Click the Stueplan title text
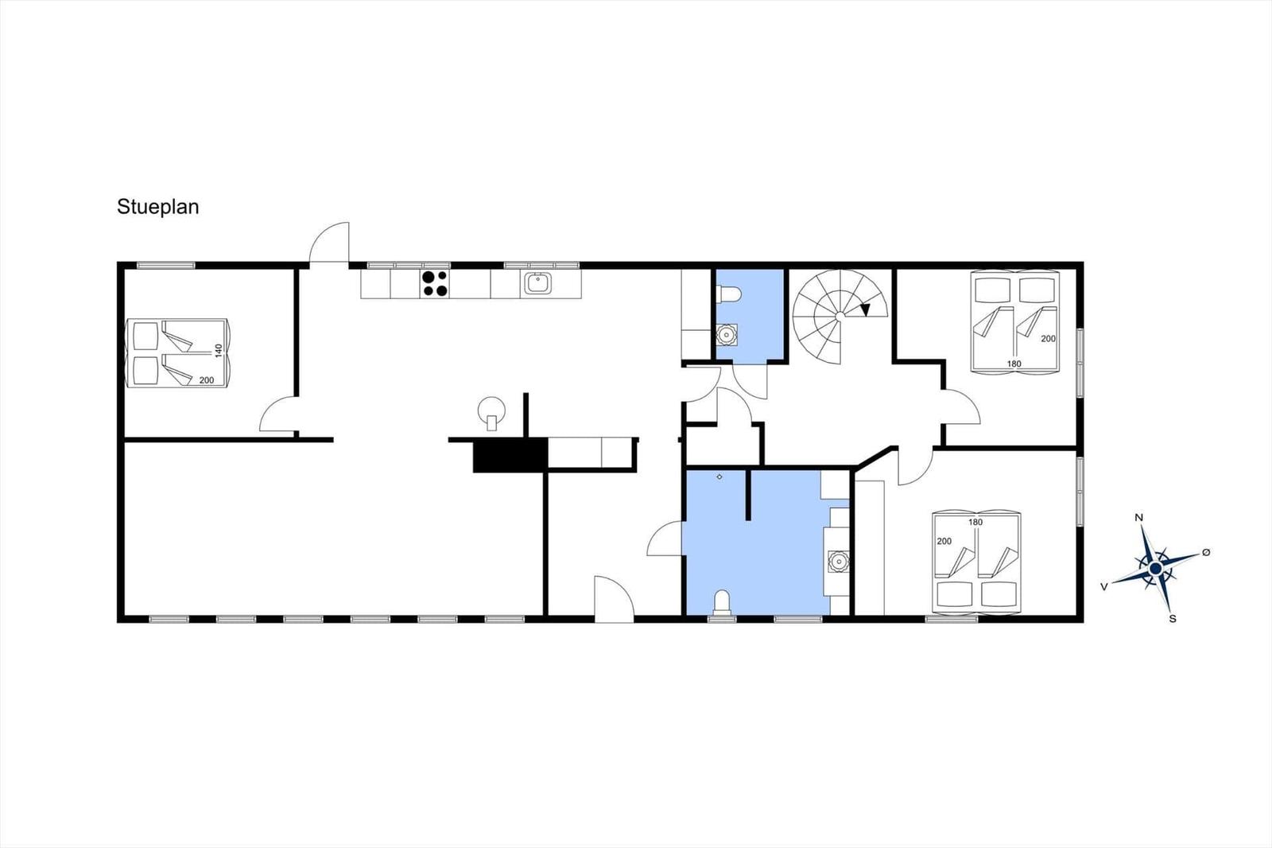click(x=158, y=207)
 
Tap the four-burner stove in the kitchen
click(x=435, y=284)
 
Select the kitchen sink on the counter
click(x=537, y=283)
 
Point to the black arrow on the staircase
click(x=865, y=309)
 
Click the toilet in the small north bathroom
click(x=728, y=294)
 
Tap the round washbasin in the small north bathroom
click(x=727, y=334)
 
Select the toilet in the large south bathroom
click(x=721, y=602)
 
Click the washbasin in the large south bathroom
click(x=838, y=562)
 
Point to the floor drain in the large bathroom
click(x=719, y=477)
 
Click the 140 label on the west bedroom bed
click(x=219, y=351)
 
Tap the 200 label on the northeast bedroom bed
click(x=1049, y=339)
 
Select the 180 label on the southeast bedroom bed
click(x=975, y=523)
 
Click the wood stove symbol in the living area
click(x=491, y=413)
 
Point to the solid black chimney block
click(x=510, y=455)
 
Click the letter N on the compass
click(x=1138, y=518)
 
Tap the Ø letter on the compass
click(x=1206, y=552)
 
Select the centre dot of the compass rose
click(x=1156, y=568)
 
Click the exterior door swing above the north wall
click(x=330, y=243)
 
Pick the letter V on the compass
click(x=1104, y=586)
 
